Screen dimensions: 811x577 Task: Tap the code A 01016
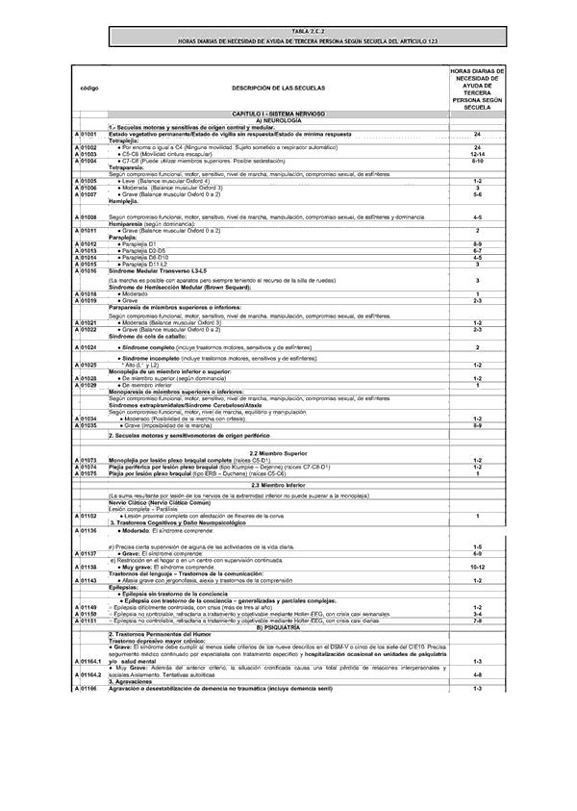(x=86, y=272)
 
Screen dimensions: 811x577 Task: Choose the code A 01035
(x=86, y=425)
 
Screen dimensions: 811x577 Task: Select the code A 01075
(x=86, y=473)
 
